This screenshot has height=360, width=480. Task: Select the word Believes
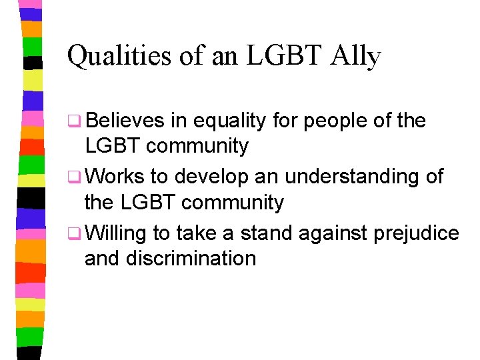click(125, 121)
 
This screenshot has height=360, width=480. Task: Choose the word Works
click(115, 177)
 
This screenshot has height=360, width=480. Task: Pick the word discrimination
click(193, 258)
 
